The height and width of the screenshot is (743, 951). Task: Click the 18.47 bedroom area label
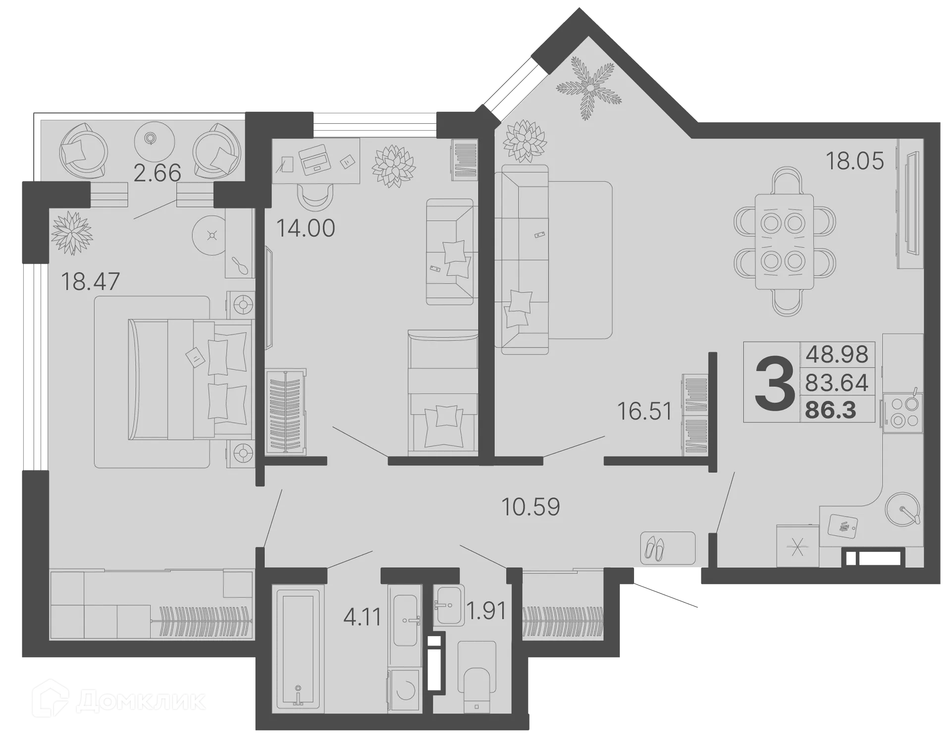[x=90, y=282]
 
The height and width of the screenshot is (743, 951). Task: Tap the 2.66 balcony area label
[x=158, y=173]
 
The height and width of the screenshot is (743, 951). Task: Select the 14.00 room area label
[x=306, y=228]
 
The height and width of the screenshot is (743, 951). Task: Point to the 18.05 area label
[x=854, y=161]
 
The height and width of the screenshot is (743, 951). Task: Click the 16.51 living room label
[x=645, y=411]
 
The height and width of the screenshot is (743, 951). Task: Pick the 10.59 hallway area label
[x=530, y=506]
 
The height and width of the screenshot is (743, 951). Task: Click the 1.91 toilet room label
[x=487, y=611]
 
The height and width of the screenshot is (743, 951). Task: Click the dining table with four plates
[x=785, y=242]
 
